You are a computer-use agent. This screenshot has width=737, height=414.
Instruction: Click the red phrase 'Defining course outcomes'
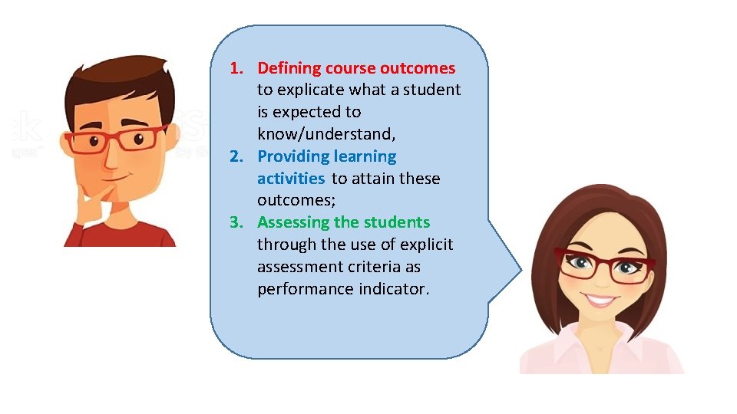point(356,68)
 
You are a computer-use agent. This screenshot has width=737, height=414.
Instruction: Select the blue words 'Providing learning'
point(327,156)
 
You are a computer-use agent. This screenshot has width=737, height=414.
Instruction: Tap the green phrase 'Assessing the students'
point(343,222)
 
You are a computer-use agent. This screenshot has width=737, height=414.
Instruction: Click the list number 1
point(236,68)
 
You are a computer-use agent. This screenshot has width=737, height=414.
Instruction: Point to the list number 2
point(236,156)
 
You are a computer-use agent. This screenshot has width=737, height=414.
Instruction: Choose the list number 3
point(236,222)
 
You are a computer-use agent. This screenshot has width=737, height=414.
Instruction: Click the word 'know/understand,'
point(326,134)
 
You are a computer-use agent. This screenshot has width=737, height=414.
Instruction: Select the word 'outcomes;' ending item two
point(292,200)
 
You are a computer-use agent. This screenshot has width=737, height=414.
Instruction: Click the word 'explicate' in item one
point(310,90)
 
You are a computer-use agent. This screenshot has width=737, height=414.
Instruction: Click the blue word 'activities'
point(291,179)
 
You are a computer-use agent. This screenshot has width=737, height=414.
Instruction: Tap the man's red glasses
point(115,140)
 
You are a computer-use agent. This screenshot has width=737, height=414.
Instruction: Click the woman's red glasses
point(604,265)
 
